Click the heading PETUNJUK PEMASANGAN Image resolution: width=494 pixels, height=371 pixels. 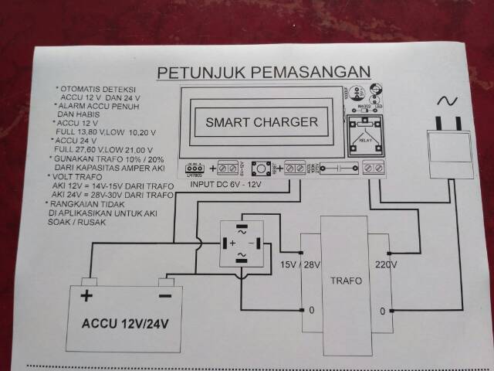point(263,73)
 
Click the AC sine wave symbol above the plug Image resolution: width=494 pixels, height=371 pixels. point(448,100)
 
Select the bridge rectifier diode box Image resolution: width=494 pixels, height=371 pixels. point(242,242)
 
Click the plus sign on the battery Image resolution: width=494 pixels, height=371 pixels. point(87,296)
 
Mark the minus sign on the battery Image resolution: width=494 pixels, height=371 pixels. point(165,296)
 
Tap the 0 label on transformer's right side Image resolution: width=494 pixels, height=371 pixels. point(382,311)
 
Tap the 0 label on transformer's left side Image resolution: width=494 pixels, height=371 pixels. point(311,311)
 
